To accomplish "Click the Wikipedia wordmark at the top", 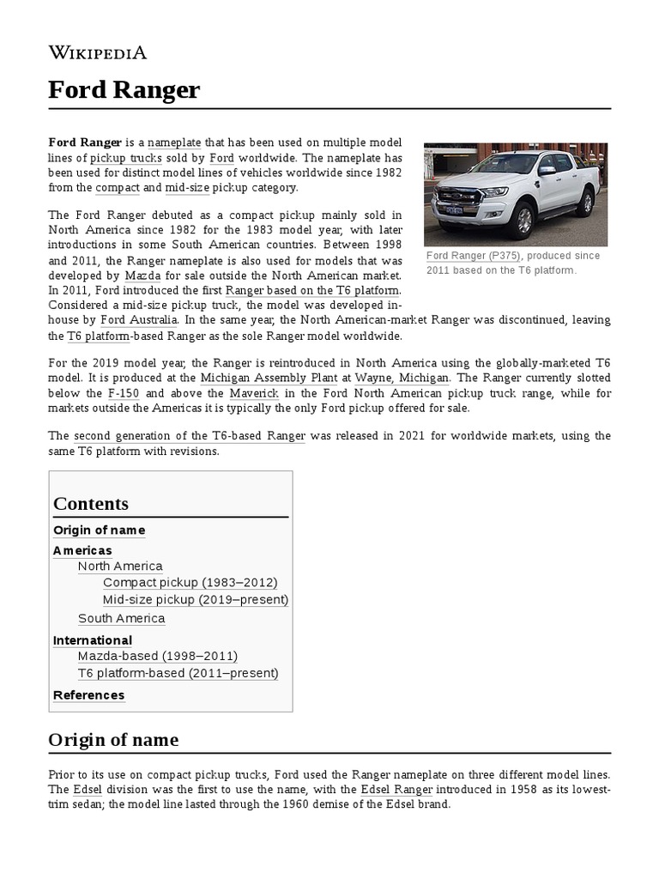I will tap(98, 53).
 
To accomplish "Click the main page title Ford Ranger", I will tap(124, 90).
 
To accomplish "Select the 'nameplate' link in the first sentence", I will tap(173, 142).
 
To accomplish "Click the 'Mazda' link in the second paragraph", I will tap(142, 276).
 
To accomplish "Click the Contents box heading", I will tap(91, 504).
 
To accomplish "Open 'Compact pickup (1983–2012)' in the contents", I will tap(190, 582).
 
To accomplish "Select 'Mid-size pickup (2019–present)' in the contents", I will tap(195, 599).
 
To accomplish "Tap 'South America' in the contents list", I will tap(121, 618).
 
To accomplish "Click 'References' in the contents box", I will tap(88, 694).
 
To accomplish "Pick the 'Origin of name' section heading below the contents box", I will tap(113, 740).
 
